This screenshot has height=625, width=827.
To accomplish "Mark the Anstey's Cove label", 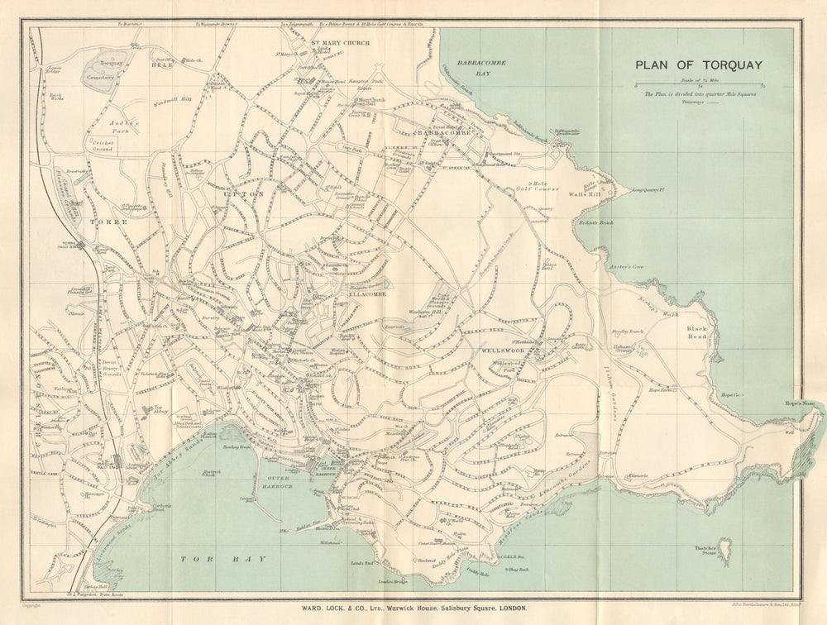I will tap(626, 267).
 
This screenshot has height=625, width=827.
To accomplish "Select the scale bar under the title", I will tap(699, 84).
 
